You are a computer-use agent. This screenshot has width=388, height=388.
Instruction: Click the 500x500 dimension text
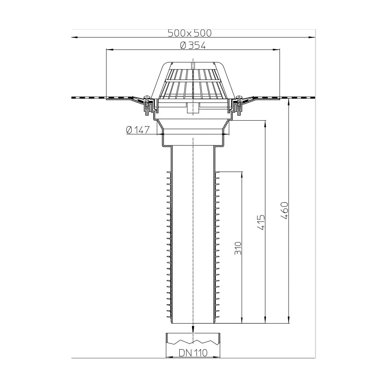[190, 33]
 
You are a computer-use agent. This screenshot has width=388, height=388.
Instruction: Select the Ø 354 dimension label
[193, 45]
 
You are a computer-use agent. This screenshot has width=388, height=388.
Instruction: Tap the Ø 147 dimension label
[138, 130]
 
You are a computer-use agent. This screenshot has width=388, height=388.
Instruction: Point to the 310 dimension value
[237, 248]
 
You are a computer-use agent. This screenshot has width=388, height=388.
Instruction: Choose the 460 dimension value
[284, 211]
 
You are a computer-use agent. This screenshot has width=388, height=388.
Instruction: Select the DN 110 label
[193, 352]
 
